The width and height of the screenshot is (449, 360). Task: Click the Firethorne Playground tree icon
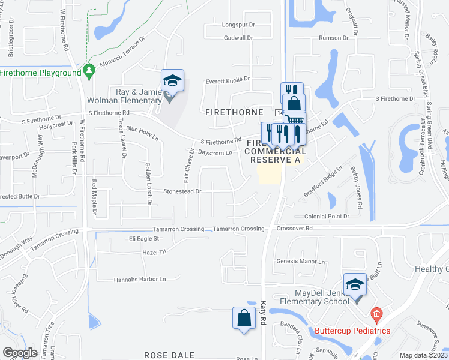coord(89,71)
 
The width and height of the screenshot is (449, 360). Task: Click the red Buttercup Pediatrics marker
coord(376,313)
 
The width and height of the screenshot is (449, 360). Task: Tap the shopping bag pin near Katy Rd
coord(244,318)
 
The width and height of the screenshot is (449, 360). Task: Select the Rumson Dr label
coord(334,38)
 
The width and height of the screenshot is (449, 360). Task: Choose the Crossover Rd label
coord(295,229)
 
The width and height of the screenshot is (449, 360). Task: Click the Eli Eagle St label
coord(143,238)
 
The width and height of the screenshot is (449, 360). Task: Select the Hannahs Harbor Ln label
coord(139,280)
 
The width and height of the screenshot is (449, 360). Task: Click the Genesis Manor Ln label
coord(300,262)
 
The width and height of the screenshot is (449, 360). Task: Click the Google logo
coord(20,353)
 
